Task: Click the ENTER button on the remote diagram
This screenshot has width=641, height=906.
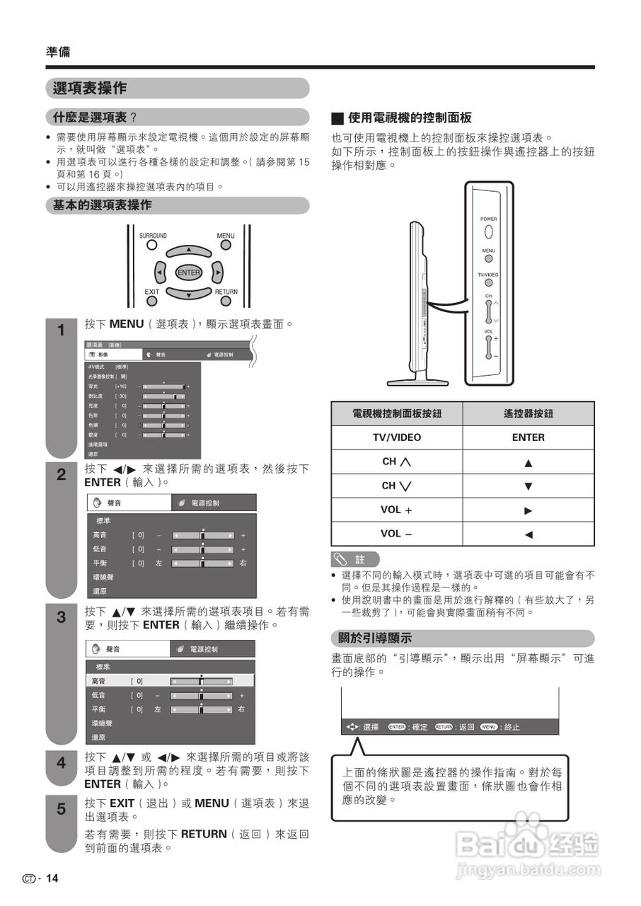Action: pos(188,273)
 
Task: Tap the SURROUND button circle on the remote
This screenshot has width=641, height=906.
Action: pos(151,246)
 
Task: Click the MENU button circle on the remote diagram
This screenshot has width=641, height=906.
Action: pos(226,246)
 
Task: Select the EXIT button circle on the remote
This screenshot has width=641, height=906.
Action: pos(151,300)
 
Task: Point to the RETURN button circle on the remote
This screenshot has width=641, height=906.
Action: pos(226,300)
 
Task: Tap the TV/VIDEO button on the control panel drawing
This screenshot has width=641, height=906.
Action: pos(488,283)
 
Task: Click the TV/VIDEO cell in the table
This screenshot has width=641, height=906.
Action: pos(396,437)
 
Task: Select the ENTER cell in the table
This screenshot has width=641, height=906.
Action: pos(528,437)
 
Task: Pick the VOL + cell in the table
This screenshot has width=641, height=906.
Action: pos(396,510)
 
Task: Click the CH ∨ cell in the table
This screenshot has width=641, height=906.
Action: pos(396,486)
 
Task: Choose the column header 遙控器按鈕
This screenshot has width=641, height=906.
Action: pos(528,413)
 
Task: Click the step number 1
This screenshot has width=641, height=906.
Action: pos(61,331)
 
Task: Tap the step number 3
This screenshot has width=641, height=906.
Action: pos(61,617)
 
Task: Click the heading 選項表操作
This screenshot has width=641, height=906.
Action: pos(90,88)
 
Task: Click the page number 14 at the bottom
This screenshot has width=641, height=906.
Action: pos(52,878)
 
